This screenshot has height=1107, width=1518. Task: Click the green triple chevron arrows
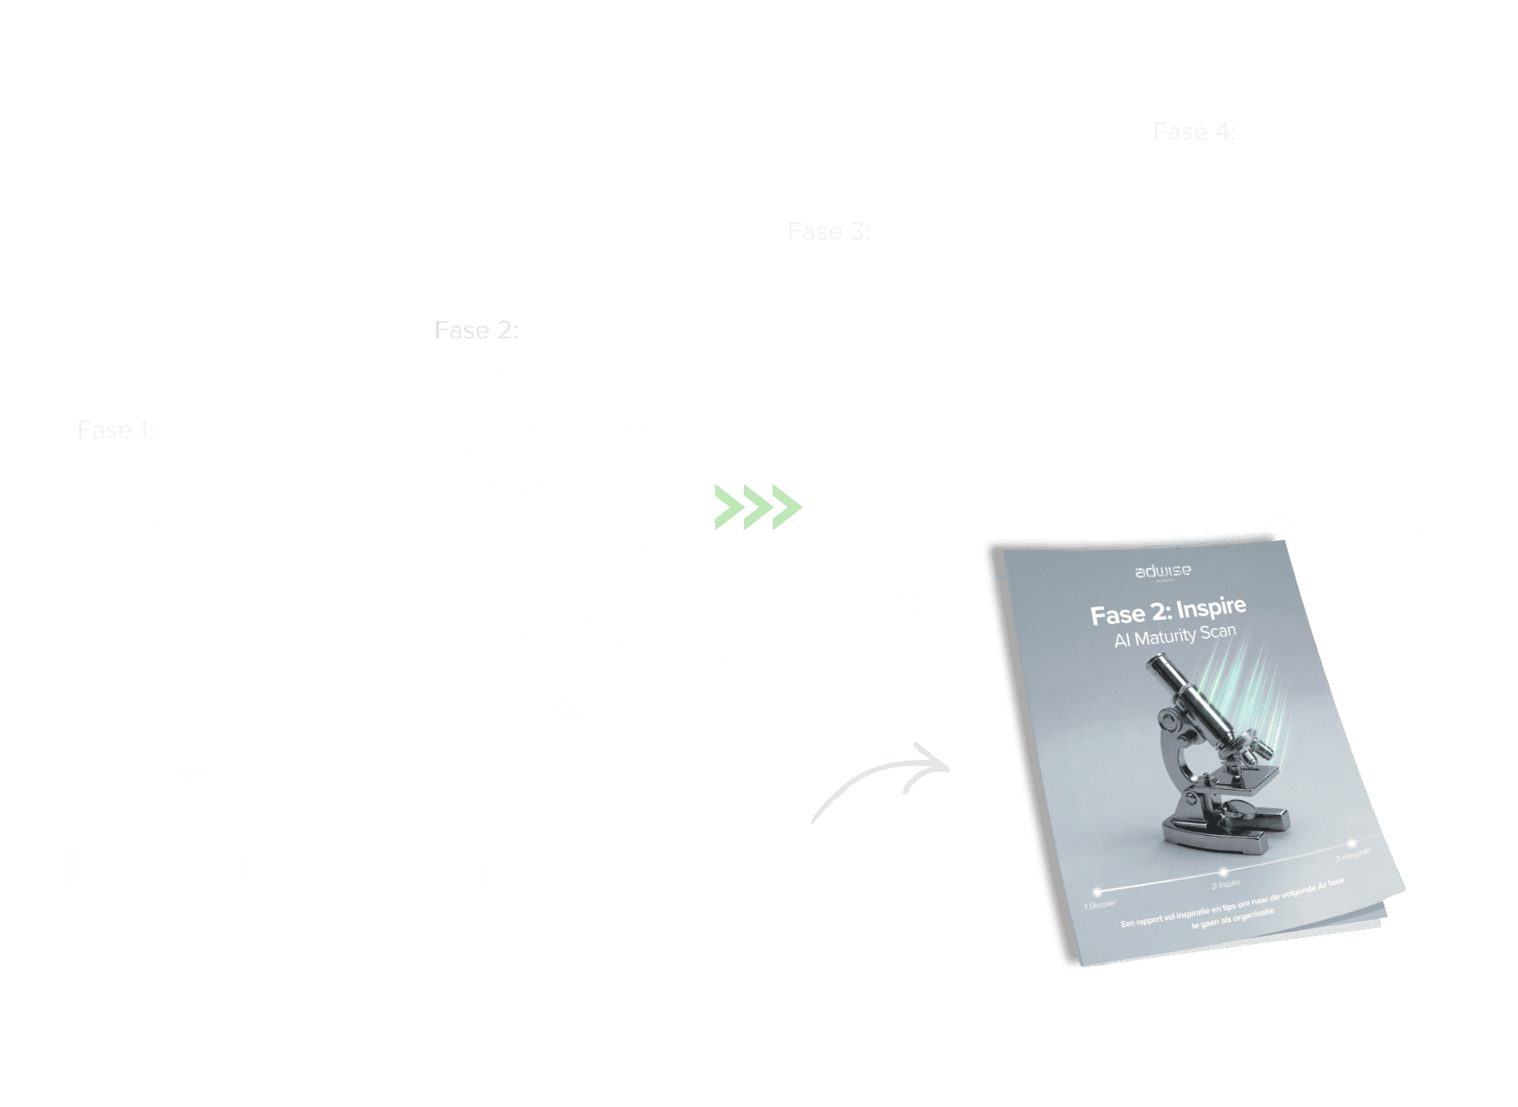(x=758, y=507)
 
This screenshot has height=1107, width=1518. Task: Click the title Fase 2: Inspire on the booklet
(x=1168, y=610)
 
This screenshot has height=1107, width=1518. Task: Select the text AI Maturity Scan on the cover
(x=1175, y=635)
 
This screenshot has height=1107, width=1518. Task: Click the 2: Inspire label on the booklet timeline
(x=1225, y=884)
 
